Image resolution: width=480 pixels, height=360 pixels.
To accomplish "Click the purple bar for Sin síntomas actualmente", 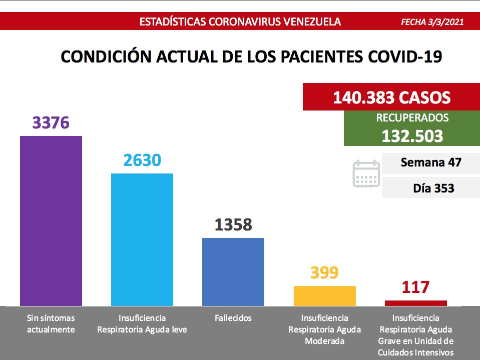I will [51, 220].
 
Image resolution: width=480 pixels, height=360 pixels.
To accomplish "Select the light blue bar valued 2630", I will [142, 239].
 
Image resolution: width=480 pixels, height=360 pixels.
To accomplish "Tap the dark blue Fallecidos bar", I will [233, 271].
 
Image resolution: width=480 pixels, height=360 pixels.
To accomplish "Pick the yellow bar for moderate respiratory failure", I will [324, 295].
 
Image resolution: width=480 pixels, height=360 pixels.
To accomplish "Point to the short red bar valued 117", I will [415, 303].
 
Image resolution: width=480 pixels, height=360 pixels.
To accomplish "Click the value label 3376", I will [51, 123].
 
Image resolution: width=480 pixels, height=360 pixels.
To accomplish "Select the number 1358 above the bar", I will [233, 225].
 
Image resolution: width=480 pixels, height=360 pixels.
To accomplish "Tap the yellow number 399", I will [324, 273].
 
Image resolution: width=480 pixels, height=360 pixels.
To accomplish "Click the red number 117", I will [415, 288].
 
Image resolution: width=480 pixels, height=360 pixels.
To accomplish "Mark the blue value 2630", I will [142, 160].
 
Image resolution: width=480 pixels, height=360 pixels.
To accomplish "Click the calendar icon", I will [366, 174].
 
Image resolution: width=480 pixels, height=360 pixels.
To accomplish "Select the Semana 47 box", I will [430, 162].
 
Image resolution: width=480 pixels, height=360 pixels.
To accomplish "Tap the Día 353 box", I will [430, 188].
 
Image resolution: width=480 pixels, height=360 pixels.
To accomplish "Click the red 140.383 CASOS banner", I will [391, 97].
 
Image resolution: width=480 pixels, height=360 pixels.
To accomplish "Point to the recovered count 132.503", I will [412, 136].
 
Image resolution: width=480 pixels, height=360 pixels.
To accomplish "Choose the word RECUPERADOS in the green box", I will [412, 118].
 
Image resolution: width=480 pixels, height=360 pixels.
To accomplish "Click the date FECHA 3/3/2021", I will [432, 22].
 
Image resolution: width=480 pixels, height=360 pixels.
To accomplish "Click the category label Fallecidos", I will [233, 318].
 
